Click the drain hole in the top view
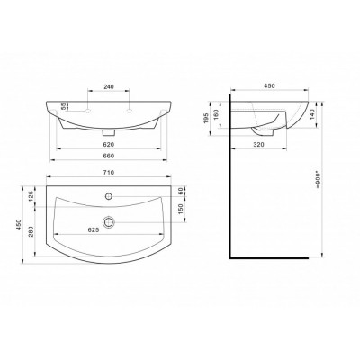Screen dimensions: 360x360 click(x=109, y=220)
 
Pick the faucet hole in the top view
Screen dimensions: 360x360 click(x=109, y=196)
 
